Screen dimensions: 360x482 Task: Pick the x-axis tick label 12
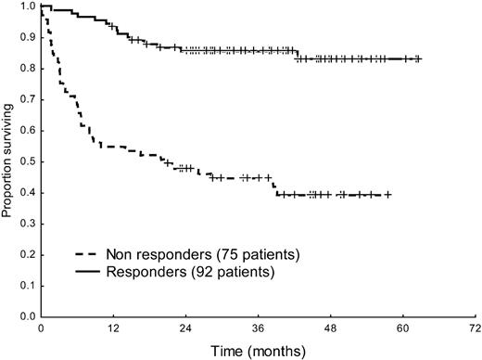[113, 329]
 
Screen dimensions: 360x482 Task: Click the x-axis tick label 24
[185, 329]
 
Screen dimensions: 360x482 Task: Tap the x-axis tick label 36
[258, 329]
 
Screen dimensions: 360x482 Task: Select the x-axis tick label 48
[330, 329]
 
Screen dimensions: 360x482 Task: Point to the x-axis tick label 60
[402, 329]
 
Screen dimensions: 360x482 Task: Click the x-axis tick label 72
[475, 329]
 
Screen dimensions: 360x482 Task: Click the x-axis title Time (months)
[257, 351]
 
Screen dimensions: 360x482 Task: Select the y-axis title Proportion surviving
[7, 163]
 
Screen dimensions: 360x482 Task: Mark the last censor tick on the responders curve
[418, 58]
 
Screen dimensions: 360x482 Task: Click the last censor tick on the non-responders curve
[387, 195]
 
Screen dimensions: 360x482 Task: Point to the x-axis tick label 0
[41, 329]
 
